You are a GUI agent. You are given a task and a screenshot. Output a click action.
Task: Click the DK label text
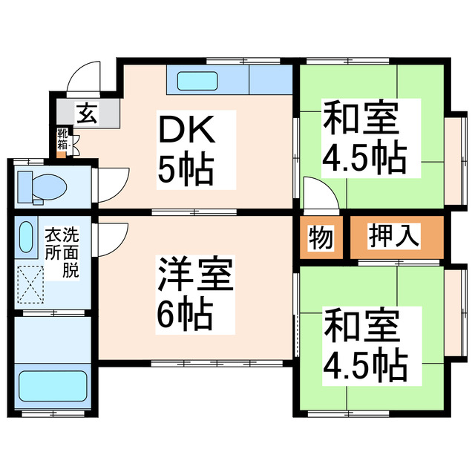[x=187, y=133]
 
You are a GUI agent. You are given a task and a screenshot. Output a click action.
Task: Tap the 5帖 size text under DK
[x=186, y=170]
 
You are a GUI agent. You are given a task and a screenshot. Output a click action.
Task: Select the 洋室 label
[x=194, y=275]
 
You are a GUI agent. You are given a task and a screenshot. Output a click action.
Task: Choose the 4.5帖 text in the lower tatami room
[x=364, y=363]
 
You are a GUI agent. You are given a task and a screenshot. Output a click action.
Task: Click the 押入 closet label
[x=396, y=238]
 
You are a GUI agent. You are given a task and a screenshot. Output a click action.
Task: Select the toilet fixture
[x=41, y=185]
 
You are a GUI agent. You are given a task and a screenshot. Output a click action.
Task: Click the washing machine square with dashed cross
[x=32, y=285]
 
